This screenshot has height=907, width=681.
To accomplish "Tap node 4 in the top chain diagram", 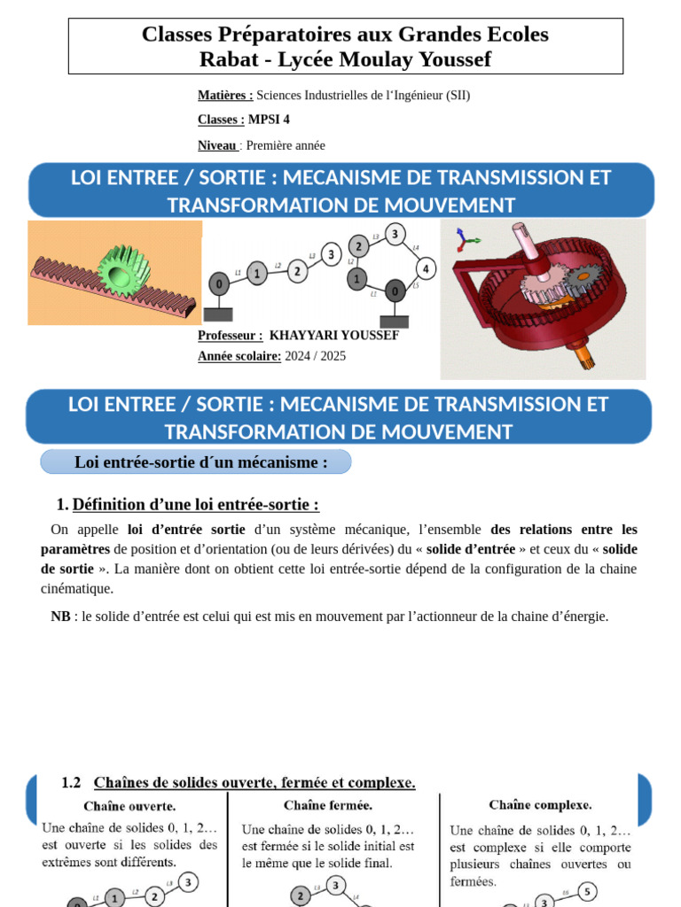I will [x=426, y=268].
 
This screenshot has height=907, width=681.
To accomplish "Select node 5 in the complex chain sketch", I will [x=586, y=890].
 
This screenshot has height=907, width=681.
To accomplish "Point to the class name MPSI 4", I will [x=269, y=120].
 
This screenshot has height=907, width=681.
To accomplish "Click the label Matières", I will [x=225, y=95].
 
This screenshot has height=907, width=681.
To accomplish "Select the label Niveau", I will [x=217, y=145].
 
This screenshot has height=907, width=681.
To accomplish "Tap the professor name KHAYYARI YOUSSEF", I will [x=333, y=336].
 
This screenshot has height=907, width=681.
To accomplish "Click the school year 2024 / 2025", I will [x=316, y=356].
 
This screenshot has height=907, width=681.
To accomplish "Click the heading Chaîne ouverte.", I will [x=129, y=806].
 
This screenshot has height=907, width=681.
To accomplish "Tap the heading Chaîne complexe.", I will [x=540, y=804].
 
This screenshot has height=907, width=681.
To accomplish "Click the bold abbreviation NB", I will [x=60, y=616].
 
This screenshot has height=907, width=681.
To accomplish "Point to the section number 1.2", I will [x=71, y=782].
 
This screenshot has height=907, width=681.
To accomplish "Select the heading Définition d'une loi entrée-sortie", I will [x=195, y=504].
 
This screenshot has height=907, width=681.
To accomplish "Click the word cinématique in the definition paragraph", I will [x=77, y=588].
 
